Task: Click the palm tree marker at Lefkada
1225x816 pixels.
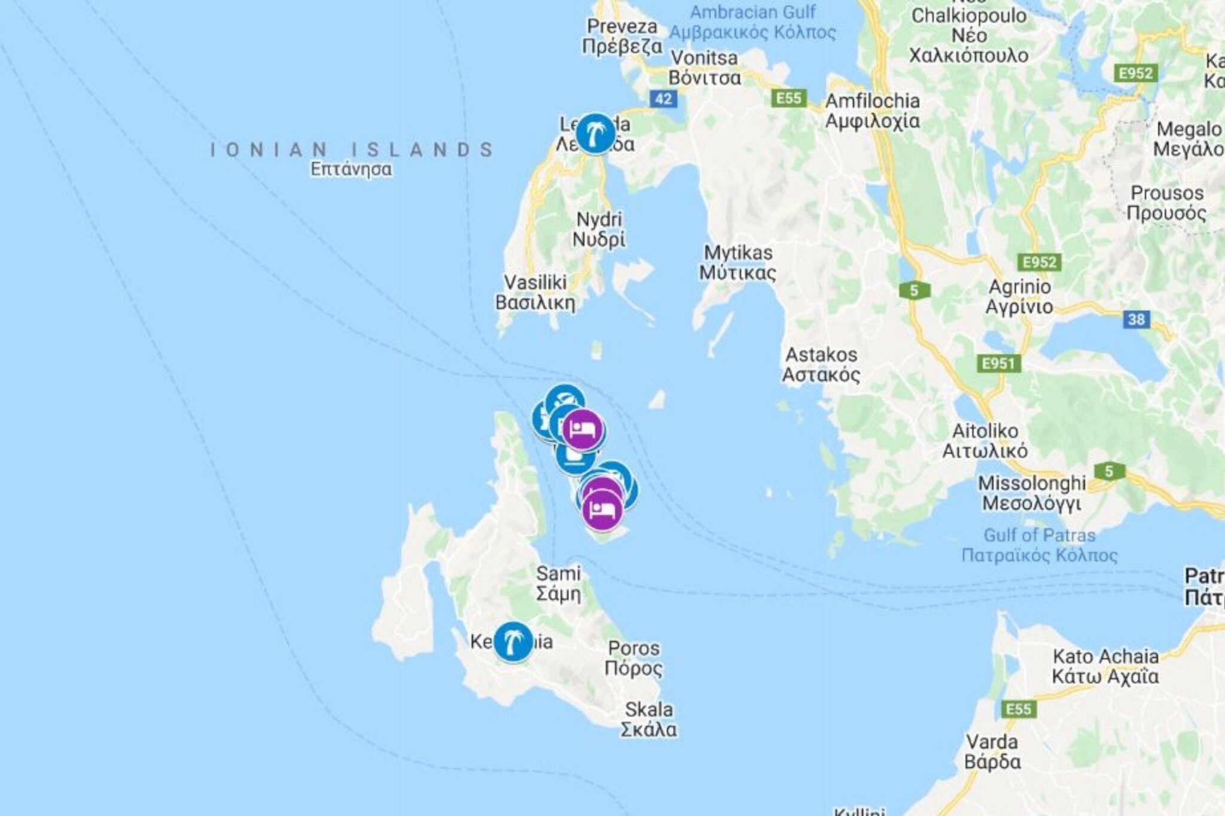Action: (x=595, y=133)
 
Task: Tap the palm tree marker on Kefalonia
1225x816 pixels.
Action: (x=513, y=641)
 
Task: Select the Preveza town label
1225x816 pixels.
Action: (x=622, y=36)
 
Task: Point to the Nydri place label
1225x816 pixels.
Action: (x=599, y=229)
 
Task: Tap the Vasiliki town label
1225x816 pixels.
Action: (x=535, y=292)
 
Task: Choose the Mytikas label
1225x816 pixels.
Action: (x=738, y=262)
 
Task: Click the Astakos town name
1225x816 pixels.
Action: (x=821, y=365)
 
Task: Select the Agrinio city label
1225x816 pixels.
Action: (x=1019, y=297)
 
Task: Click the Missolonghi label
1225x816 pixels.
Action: (x=1032, y=493)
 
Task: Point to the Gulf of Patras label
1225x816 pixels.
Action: (x=1039, y=545)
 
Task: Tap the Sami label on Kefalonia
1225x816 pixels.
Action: (x=558, y=583)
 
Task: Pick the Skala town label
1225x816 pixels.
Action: (x=649, y=719)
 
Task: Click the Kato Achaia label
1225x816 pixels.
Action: (x=1105, y=666)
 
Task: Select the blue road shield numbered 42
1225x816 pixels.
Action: (x=663, y=99)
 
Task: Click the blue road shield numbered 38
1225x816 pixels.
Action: (x=1136, y=319)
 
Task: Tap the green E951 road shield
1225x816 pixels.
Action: (x=998, y=363)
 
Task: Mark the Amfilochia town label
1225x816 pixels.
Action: (x=872, y=111)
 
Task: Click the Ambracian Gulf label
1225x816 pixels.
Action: (x=752, y=22)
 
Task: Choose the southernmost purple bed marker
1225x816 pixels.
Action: (x=602, y=509)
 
